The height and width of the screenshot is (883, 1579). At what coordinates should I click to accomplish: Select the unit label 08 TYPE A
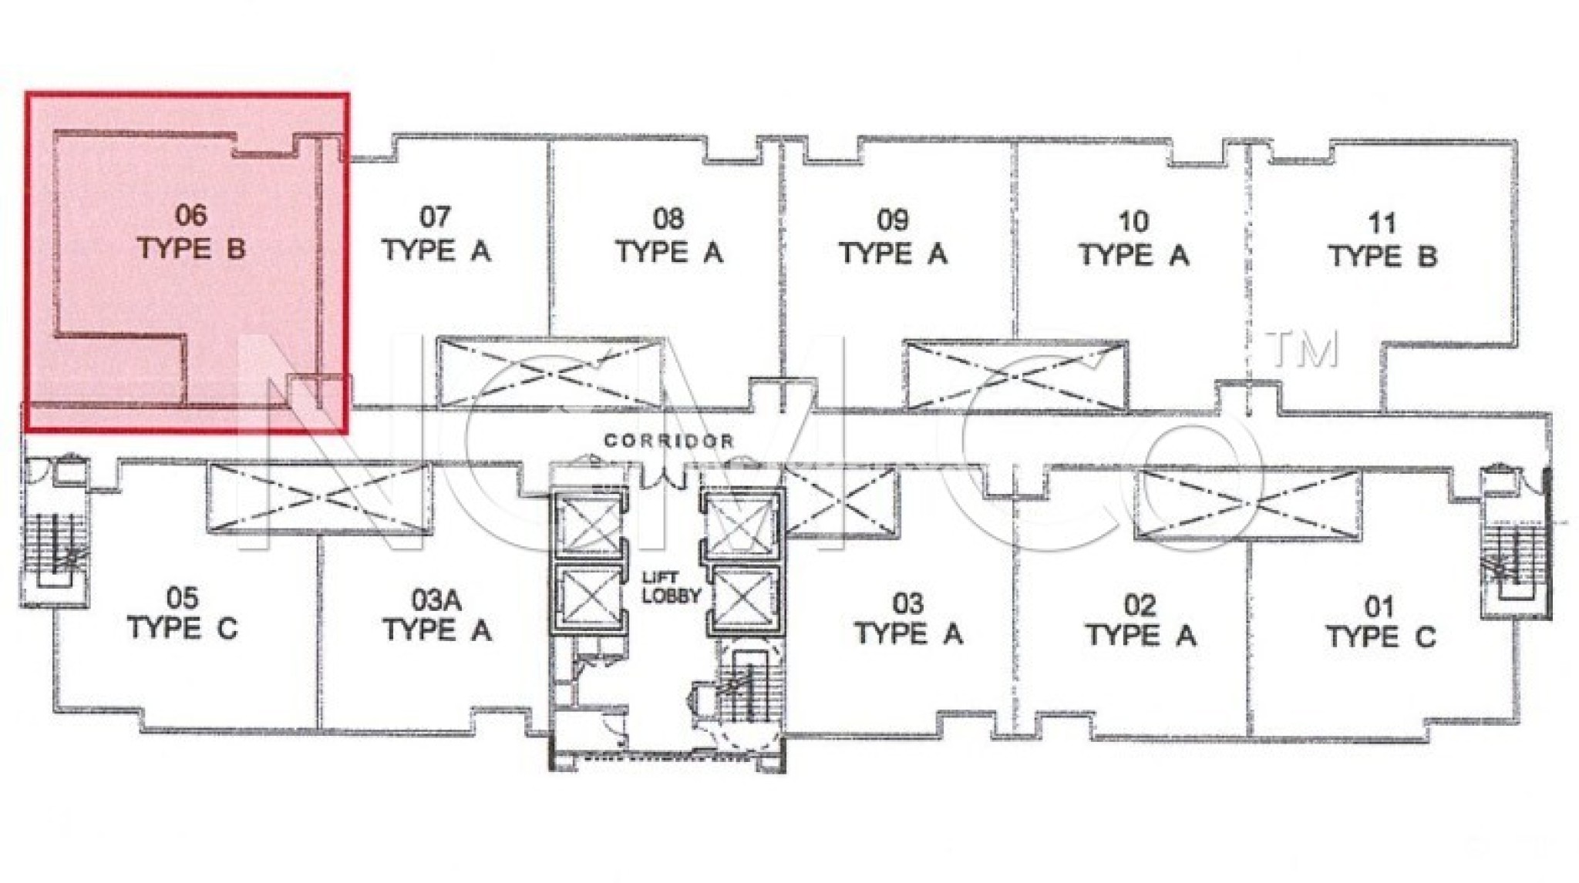pyautogui.click(x=668, y=236)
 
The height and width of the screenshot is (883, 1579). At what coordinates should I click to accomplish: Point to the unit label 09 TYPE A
pyautogui.click(x=893, y=237)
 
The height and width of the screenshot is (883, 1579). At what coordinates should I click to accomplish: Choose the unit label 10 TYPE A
pyautogui.click(x=1133, y=238)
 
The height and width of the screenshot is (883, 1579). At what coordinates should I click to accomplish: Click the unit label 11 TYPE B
pyautogui.click(x=1382, y=240)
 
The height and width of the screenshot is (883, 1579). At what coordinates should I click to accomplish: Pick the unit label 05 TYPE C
pyautogui.click(x=183, y=613)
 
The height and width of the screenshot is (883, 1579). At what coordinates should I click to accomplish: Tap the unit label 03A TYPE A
pyautogui.click(x=437, y=615)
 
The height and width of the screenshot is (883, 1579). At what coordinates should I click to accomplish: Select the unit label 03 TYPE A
pyautogui.click(x=908, y=618)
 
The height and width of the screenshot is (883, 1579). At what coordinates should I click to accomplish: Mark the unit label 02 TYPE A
pyautogui.click(x=1140, y=620)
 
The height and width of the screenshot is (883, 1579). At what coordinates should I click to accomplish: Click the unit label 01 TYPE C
pyautogui.click(x=1380, y=623)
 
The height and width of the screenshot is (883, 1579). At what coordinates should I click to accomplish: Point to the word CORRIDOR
pyautogui.click(x=668, y=441)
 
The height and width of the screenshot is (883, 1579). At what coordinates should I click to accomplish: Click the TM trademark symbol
pyautogui.click(x=1303, y=349)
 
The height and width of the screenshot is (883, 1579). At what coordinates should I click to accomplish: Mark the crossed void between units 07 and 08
pyautogui.click(x=549, y=374)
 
